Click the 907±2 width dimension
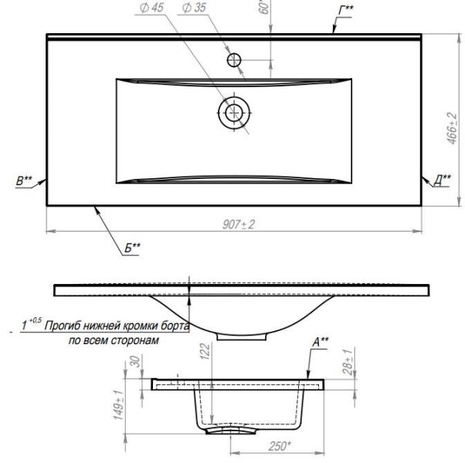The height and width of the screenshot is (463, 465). (x=239, y=225)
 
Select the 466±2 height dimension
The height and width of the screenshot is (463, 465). (x=452, y=128)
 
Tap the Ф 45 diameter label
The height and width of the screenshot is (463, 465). (x=151, y=8)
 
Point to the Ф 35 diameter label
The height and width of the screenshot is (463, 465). (x=194, y=8)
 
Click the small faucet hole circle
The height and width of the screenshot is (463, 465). (x=234, y=60)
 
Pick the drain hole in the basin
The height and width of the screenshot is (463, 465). (x=234, y=113)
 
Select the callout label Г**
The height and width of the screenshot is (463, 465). (x=346, y=11)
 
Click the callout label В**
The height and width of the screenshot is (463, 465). (x=24, y=181)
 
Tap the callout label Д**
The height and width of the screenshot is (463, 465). (x=442, y=181)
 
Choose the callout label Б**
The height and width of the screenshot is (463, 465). (x=132, y=248)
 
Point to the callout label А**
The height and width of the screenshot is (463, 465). (x=321, y=342)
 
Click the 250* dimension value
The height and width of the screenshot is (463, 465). (x=280, y=446)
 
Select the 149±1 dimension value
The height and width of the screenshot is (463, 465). (x=119, y=404)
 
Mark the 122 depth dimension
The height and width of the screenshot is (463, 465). (x=205, y=351)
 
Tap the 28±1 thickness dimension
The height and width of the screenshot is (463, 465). (x=348, y=362)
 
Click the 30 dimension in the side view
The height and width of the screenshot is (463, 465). (x=135, y=361)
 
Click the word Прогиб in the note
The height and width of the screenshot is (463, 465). (x=62, y=326)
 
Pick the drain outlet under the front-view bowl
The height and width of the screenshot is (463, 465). (x=242, y=336)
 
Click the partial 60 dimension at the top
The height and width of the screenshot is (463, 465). (x=264, y=7)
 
